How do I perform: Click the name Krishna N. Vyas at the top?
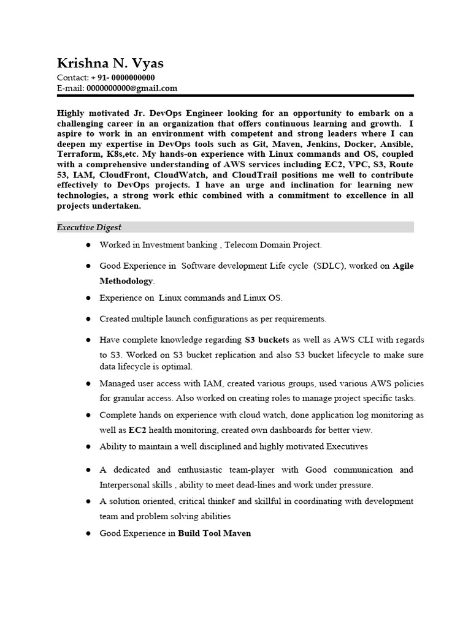[110, 64]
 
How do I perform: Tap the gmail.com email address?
[132, 88]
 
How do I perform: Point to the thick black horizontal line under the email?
[235, 96]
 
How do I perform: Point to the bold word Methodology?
[127, 280]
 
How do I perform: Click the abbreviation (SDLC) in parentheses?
[331, 266]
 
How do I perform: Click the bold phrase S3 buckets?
[267, 339]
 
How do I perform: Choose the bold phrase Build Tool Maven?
[214, 533]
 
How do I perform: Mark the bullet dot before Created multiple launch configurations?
[89, 319]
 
